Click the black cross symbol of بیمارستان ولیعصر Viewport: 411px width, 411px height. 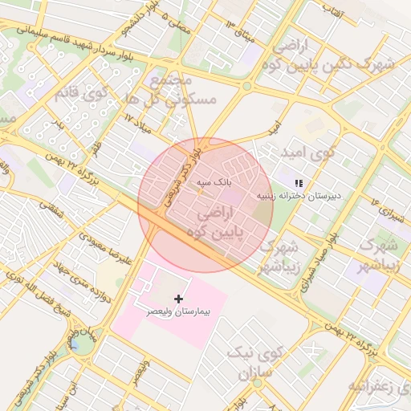[178, 299]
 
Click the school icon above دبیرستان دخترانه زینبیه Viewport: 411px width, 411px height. [299, 183]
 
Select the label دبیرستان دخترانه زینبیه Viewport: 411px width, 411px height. [299, 194]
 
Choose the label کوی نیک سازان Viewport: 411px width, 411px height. [255, 364]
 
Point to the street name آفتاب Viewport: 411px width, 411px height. [333, 10]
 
